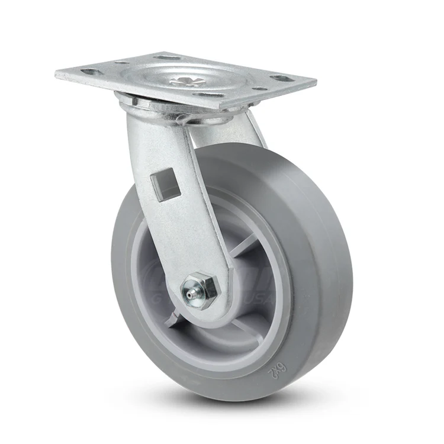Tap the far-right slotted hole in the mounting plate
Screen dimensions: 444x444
[x=292, y=78]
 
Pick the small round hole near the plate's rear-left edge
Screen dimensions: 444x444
[x=121, y=62]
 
